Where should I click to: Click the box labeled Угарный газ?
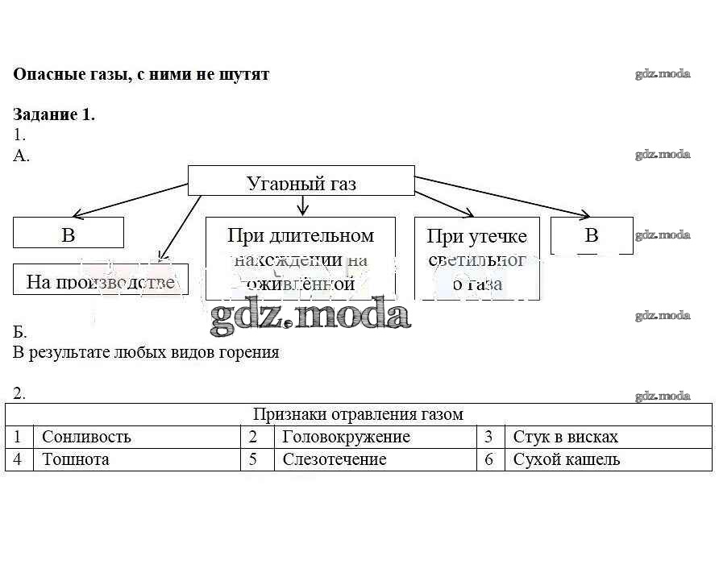tap(301, 182)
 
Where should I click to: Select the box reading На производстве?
tap(100, 281)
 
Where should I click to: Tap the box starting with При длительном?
tap(300, 258)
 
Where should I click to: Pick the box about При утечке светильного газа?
tap(476, 259)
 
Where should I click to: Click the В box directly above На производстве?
tap(69, 234)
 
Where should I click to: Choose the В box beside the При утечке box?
tap(592, 234)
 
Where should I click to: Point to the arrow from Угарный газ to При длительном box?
tap(301, 205)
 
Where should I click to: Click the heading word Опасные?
tap(46, 74)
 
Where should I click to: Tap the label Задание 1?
tap(54, 114)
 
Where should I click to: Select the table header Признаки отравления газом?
tap(358, 414)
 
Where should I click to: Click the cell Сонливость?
tap(86, 437)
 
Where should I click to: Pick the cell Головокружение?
tap(346, 437)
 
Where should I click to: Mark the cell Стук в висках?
tap(565, 437)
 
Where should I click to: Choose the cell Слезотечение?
tap(334, 459)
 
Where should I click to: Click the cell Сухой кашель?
tap(566, 459)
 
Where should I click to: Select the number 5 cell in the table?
tap(253, 459)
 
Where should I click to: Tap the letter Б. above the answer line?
tap(20, 332)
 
